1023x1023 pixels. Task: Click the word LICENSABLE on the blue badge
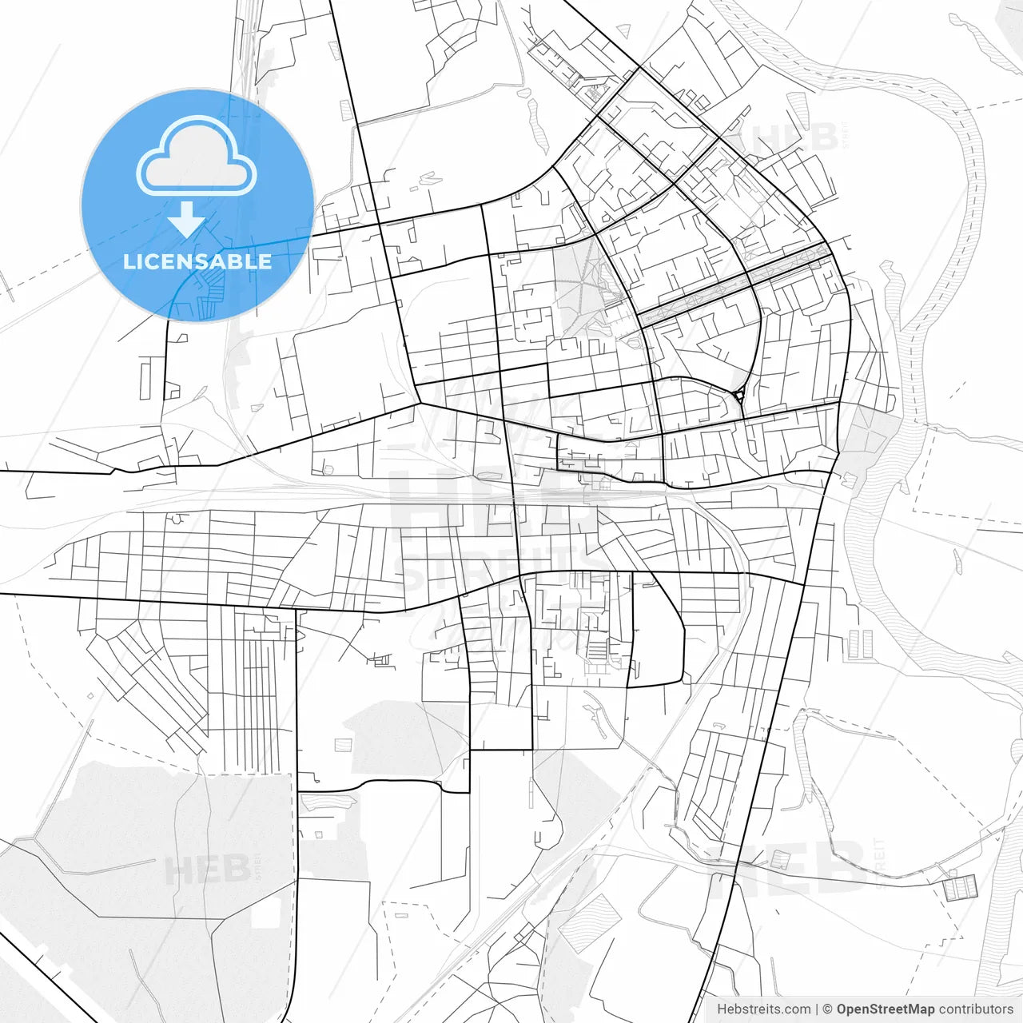pyautogui.click(x=197, y=261)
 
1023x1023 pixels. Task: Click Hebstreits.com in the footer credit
pyautogui.click(x=763, y=1009)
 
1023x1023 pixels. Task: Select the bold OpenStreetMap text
pyautogui.click(x=885, y=1009)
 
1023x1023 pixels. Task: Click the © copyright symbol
pyautogui.click(x=828, y=1009)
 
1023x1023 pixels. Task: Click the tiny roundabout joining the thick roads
pyautogui.click(x=739, y=394)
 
